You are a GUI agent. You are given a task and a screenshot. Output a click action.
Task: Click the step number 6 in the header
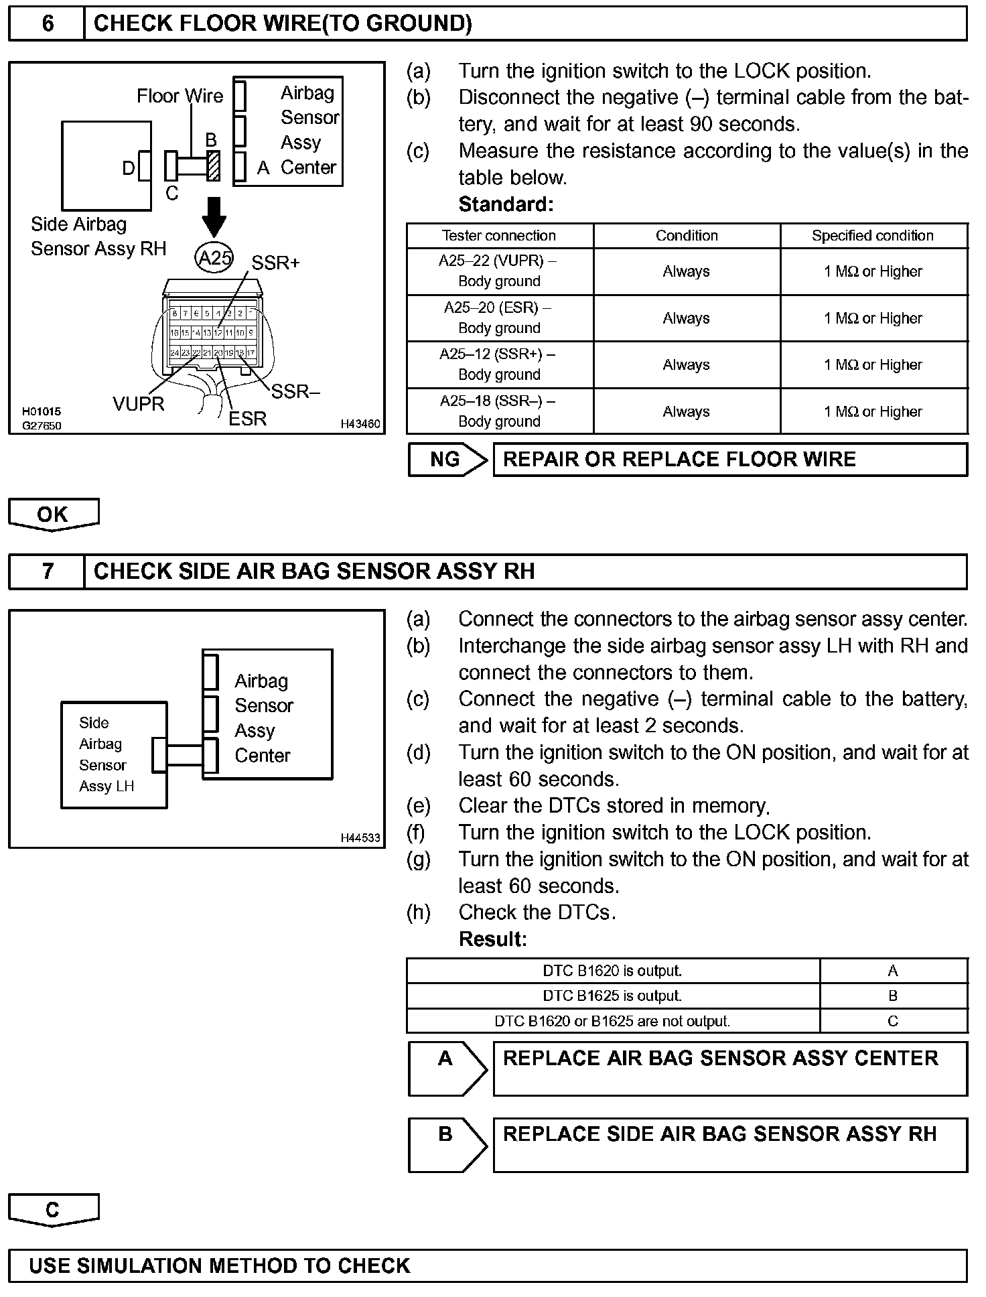click(x=48, y=24)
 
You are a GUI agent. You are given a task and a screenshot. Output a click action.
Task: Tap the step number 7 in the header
click(x=48, y=571)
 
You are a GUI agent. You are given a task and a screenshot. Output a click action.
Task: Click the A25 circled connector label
click(x=214, y=258)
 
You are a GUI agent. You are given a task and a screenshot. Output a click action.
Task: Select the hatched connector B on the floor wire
click(x=214, y=165)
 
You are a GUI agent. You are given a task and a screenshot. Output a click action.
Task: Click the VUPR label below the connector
click(x=138, y=404)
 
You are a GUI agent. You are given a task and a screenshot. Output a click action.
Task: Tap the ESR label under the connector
click(x=247, y=419)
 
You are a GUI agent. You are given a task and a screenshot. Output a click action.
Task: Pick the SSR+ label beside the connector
click(x=275, y=263)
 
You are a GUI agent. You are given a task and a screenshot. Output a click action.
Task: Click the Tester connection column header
click(x=499, y=236)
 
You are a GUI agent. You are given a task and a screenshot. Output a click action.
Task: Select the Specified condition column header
click(x=873, y=236)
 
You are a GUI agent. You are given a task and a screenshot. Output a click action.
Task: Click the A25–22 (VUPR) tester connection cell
click(x=499, y=271)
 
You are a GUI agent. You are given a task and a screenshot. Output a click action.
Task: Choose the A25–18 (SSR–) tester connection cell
click(x=499, y=411)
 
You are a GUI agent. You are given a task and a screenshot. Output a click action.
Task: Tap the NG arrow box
click(x=447, y=460)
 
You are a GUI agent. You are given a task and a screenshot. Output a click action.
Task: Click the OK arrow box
click(x=53, y=514)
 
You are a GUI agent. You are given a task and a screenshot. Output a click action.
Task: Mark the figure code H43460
click(x=360, y=424)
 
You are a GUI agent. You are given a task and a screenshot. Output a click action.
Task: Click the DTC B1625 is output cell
click(x=612, y=996)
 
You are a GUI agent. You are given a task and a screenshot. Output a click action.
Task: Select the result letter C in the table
click(x=893, y=1022)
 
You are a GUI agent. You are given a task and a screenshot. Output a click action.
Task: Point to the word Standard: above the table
click(x=506, y=204)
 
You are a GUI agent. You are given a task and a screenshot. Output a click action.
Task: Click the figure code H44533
click(x=360, y=837)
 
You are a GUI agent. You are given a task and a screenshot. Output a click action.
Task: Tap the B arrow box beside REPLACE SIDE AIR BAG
click(x=447, y=1144)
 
